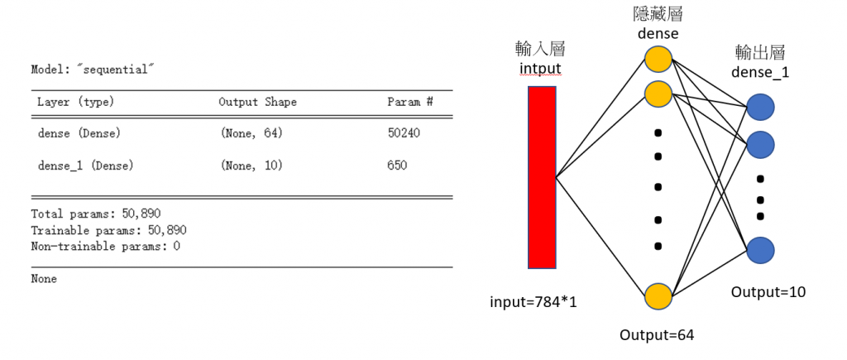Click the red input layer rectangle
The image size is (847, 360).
pos(542,177)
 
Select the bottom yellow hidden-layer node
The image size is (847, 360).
pos(658,295)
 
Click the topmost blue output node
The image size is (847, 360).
pos(760,108)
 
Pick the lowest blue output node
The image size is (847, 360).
pos(760,250)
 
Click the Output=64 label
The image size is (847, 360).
pos(657,334)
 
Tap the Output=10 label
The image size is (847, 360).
pos(768,291)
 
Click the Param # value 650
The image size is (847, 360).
pos(397,166)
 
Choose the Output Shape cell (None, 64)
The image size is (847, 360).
pos(251,132)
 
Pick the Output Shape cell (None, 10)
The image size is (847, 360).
pos(251,166)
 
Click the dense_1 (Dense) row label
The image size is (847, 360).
pos(86,166)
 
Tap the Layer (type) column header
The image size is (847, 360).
pos(75,102)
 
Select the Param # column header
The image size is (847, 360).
pos(410,102)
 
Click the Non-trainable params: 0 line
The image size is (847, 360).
pos(105,246)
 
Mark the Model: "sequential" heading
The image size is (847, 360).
pos(93,69)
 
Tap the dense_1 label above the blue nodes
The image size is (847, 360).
pos(760,72)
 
